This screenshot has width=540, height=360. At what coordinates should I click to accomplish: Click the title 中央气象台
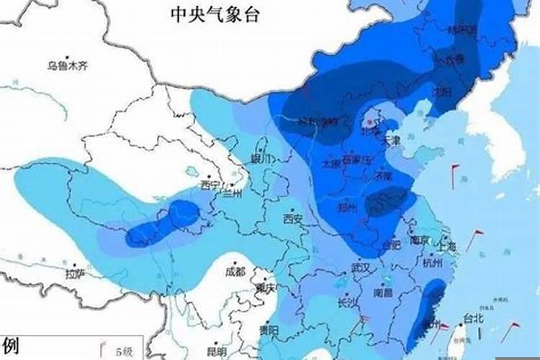tap(214, 14)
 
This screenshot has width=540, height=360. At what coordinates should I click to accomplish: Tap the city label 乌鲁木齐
tap(67, 66)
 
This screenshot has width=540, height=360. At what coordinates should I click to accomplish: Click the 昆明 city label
tap(216, 351)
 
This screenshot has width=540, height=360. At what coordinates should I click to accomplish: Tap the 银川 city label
tap(260, 158)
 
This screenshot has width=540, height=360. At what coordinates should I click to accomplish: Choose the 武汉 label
tap(360, 267)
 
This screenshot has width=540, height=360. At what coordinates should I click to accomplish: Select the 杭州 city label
tap(433, 264)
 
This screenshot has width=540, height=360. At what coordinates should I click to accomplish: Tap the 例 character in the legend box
tap(10, 345)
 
